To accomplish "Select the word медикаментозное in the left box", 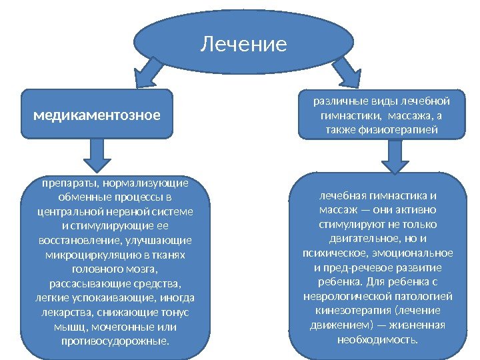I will (97, 115).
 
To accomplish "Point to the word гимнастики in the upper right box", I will (347, 115).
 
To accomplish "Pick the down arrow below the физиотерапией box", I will (394, 156).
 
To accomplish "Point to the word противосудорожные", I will (114, 341).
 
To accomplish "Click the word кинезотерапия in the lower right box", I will (340, 310).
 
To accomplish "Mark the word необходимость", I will (377, 339).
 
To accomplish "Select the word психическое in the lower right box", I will (324, 253).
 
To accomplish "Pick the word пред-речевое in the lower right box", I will (355, 267).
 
